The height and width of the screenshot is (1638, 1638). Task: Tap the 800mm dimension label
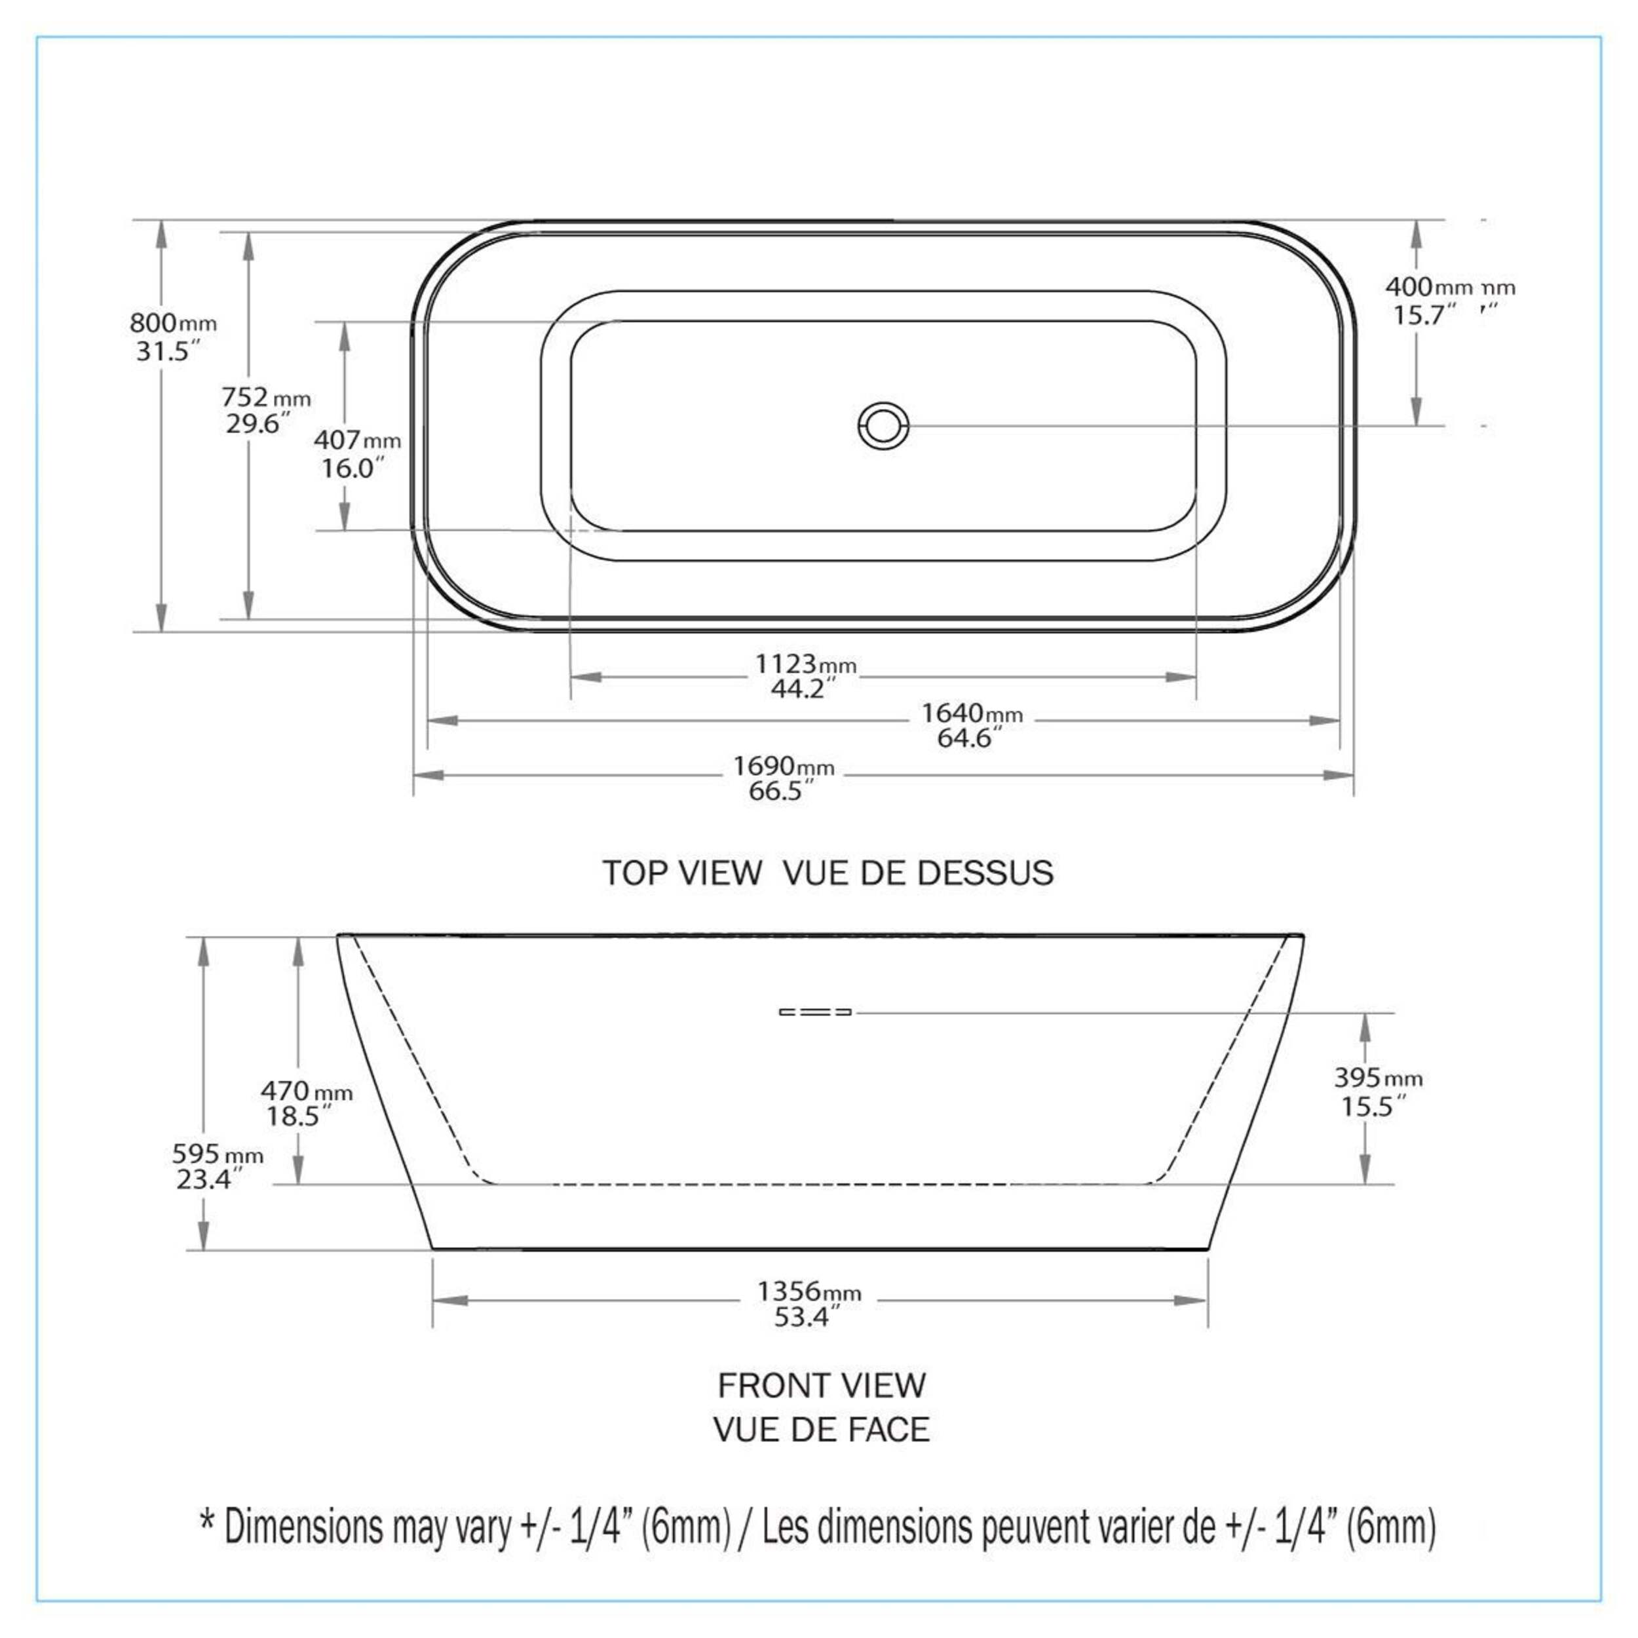pyautogui.click(x=173, y=323)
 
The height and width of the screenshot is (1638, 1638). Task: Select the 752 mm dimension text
pyautogui.click(x=266, y=397)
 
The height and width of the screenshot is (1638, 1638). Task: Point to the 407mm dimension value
pyautogui.click(x=357, y=440)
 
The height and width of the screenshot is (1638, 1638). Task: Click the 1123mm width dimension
pyautogui.click(x=805, y=664)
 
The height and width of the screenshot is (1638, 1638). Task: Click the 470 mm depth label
pyautogui.click(x=306, y=1090)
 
